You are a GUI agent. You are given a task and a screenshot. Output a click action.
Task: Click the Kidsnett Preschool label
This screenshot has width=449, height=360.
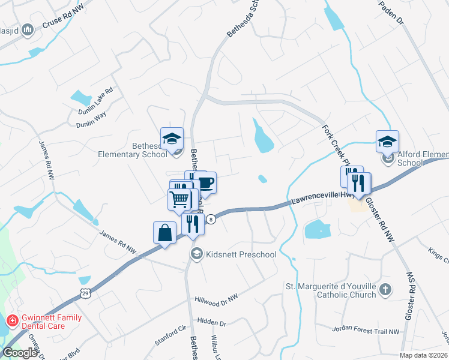[x=241, y=254]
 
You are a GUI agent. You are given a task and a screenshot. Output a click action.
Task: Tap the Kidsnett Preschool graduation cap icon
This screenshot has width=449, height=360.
[x=196, y=254]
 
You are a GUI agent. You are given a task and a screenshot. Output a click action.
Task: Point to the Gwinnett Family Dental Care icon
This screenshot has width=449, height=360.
[x=11, y=322]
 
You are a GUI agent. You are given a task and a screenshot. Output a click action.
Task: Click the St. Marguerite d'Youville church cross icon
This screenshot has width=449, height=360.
[x=385, y=290]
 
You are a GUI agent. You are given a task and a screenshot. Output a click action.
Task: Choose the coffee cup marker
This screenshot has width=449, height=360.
[x=205, y=182]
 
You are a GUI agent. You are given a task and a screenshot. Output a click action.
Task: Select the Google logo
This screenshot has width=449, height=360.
[x=20, y=352]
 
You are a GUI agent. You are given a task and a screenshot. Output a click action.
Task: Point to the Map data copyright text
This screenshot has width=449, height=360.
[x=424, y=355]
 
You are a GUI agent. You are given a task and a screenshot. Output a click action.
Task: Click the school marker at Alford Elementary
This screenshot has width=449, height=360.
[x=387, y=142]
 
